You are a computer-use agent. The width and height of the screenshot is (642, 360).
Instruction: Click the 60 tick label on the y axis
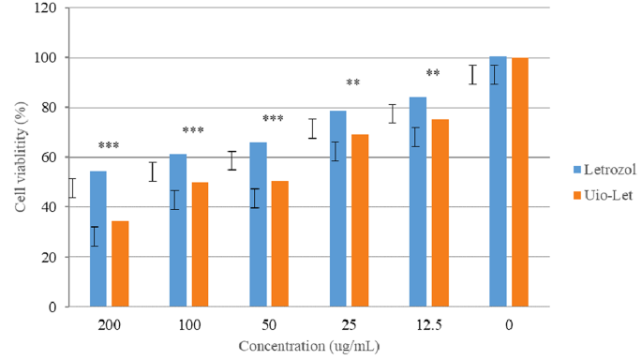pyautogui.click(x=47, y=157)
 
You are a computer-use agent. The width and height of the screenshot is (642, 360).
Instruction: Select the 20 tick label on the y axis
pyautogui.click(x=47, y=257)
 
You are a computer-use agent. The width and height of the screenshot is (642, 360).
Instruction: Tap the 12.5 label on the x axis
pyautogui.click(x=428, y=324)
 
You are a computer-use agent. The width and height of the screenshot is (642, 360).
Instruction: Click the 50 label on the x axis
pyautogui.click(x=269, y=324)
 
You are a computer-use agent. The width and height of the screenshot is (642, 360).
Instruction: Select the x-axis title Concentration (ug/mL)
pyautogui.click(x=308, y=345)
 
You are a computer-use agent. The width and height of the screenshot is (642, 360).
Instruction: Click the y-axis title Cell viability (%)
pyautogui.click(x=20, y=158)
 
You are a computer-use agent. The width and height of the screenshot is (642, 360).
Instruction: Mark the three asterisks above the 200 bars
pyautogui.click(x=109, y=146)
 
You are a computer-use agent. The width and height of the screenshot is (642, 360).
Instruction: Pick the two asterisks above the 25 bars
pyautogui.click(x=353, y=83)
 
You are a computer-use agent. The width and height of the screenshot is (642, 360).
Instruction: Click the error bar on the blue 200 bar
pyautogui.click(x=94, y=236)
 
